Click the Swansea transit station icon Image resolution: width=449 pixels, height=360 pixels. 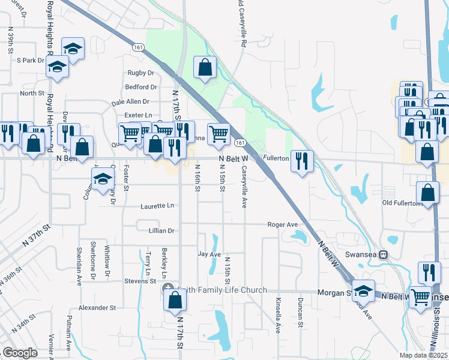click(384, 254)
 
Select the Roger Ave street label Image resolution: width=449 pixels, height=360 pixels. click(283, 224)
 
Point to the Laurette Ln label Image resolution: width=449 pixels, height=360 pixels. click(157, 206)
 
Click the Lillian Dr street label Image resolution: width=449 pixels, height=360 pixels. click(161, 230)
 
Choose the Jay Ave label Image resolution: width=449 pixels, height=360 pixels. click(210, 254)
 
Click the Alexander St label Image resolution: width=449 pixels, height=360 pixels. click(97, 307)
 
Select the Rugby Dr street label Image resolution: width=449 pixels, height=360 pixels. click(140, 73)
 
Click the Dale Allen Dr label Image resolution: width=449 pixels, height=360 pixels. click(130, 102)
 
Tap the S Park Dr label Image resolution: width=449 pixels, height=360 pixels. click(31, 61)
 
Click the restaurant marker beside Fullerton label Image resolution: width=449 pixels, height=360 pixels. click(301, 160)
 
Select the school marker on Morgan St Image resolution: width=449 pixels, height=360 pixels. click(363, 290)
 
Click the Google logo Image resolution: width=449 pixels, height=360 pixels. click(20, 353)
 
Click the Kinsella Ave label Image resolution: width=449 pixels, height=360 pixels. click(278, 315)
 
